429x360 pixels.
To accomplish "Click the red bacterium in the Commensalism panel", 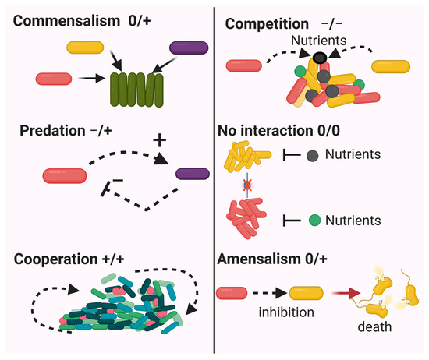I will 53,78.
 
